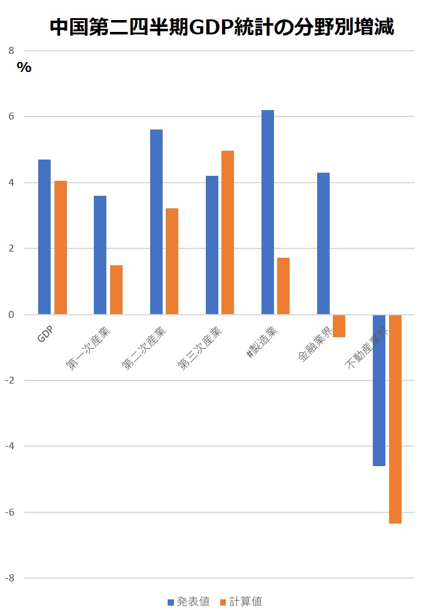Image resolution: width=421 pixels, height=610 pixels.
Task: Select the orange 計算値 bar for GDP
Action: tap(61, 247)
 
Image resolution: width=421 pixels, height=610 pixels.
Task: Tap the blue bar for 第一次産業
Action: tap(100, 255)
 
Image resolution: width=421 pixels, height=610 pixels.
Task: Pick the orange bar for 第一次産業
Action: tap(116, 289)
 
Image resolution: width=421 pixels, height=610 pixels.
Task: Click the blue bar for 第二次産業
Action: tap(156, 221)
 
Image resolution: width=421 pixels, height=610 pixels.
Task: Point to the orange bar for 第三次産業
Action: tap(228, 232)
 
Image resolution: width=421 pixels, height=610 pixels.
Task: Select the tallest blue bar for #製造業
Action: tap(268, 212)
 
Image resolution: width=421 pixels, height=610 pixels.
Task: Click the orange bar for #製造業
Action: tap(283, 286)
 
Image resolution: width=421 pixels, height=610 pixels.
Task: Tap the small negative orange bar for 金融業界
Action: tap(339, 326)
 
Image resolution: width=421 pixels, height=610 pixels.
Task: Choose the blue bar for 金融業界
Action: tap(323, 243)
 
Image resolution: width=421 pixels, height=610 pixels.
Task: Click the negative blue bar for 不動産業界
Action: tap(379, 390)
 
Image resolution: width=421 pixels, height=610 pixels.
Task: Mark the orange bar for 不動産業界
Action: tap(395, 419)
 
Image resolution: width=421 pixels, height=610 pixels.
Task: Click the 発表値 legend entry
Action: tap(189, 602)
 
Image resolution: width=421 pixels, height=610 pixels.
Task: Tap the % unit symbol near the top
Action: tap(24, 68)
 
